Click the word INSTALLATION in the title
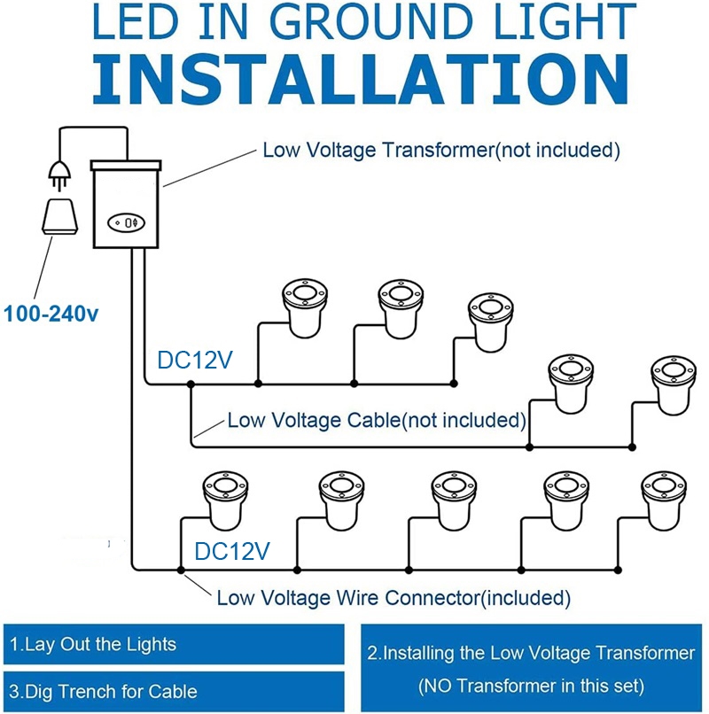coord(361,80)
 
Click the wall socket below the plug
coord(59,216)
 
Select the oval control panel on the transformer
coord(126,222)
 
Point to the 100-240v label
coord(51,314)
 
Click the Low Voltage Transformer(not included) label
coord(441,150)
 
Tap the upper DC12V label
coord(195,360)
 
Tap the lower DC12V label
coord(232,551)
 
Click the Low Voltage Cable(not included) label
coord(377,420)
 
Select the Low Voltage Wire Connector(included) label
coord(393,598)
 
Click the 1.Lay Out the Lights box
coord(174,644)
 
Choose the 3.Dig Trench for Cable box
coord(174,691)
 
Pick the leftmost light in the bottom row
coord(225,501)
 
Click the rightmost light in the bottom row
coord(664,501)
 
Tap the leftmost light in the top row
coord(305,309)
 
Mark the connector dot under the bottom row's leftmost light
coord(181,570)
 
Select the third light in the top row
coord(491,322)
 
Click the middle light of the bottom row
coord(454,501)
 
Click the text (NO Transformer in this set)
coord(531,686)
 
